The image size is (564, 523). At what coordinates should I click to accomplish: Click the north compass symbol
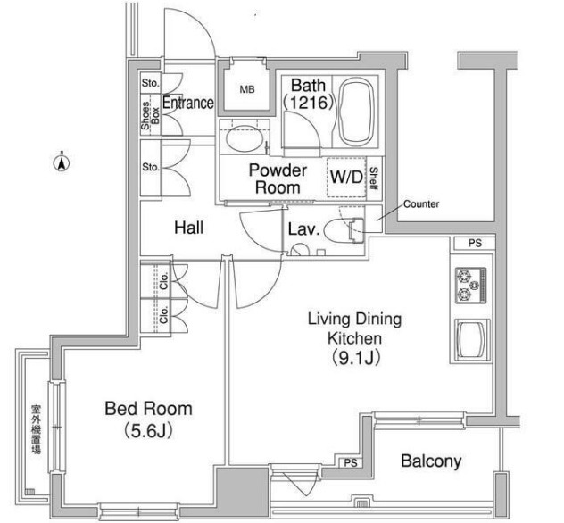[62, 162]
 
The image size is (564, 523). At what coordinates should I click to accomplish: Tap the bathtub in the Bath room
[355, 112]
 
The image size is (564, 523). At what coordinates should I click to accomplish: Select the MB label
[247, 89]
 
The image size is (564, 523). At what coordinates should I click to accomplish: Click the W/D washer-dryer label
[346, 177]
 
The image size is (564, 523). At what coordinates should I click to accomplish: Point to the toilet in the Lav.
[344, 229]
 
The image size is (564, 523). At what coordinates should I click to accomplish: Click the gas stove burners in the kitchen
[471, 286]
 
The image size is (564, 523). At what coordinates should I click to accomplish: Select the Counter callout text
[421, 204]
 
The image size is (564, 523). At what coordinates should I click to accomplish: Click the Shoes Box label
[150, 115]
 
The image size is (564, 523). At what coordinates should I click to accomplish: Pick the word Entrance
[188, 103]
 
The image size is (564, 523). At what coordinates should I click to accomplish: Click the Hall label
[188, 228]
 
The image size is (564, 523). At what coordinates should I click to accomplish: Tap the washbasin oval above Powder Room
[245, 138]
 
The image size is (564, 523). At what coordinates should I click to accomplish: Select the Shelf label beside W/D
[373, 178]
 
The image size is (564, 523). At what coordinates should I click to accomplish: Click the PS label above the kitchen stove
[475, 243]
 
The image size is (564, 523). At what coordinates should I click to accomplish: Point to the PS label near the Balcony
[351, 463]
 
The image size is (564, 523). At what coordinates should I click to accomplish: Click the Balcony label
[431, 461]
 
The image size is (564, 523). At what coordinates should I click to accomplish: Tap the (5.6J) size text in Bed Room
[148, 431]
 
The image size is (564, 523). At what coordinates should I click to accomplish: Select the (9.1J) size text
[355, 358]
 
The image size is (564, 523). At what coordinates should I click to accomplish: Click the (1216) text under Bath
[308, 103]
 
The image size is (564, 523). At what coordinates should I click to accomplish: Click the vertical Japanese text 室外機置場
[36, 429]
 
